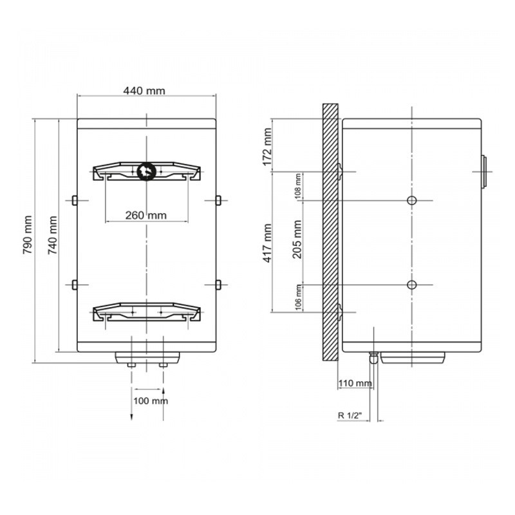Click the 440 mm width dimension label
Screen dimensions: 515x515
(x=144, y=91)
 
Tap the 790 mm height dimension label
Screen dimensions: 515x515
(x=28, y=234)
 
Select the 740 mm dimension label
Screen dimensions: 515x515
(x=53, y=235)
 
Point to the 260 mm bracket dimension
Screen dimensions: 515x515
(x=146, y=216)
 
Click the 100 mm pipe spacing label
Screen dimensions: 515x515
(x=151, y=400)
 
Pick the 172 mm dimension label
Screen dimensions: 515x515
(x=268, y=147)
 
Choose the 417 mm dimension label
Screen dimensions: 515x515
(x=268, y=243)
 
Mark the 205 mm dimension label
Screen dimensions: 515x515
(x=297, y=239)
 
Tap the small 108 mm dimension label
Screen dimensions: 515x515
(x=298, y=187)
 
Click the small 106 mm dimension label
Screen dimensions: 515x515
(x=298, y=297)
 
